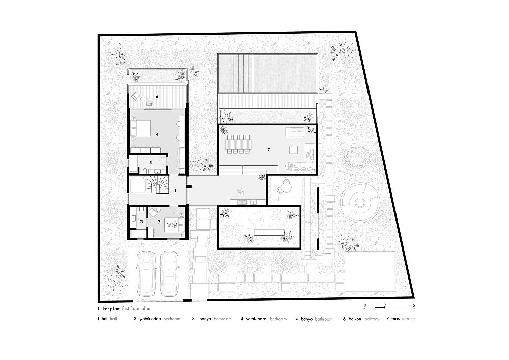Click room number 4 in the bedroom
point(157,134)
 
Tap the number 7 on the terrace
point(268,150)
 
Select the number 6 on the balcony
point(157,97)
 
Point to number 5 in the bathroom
point(150,162)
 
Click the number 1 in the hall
point(175,190)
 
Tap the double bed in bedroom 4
point(140,128)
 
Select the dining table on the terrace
point(239,144)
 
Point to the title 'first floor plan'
point(136,309)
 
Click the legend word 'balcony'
point(372,319)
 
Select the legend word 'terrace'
point(408,319)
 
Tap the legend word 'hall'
point(114,319)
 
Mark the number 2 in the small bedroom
point(159,222)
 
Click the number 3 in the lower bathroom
point(141,222)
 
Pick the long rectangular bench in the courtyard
point(269,232)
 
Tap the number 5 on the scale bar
point(414,305)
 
